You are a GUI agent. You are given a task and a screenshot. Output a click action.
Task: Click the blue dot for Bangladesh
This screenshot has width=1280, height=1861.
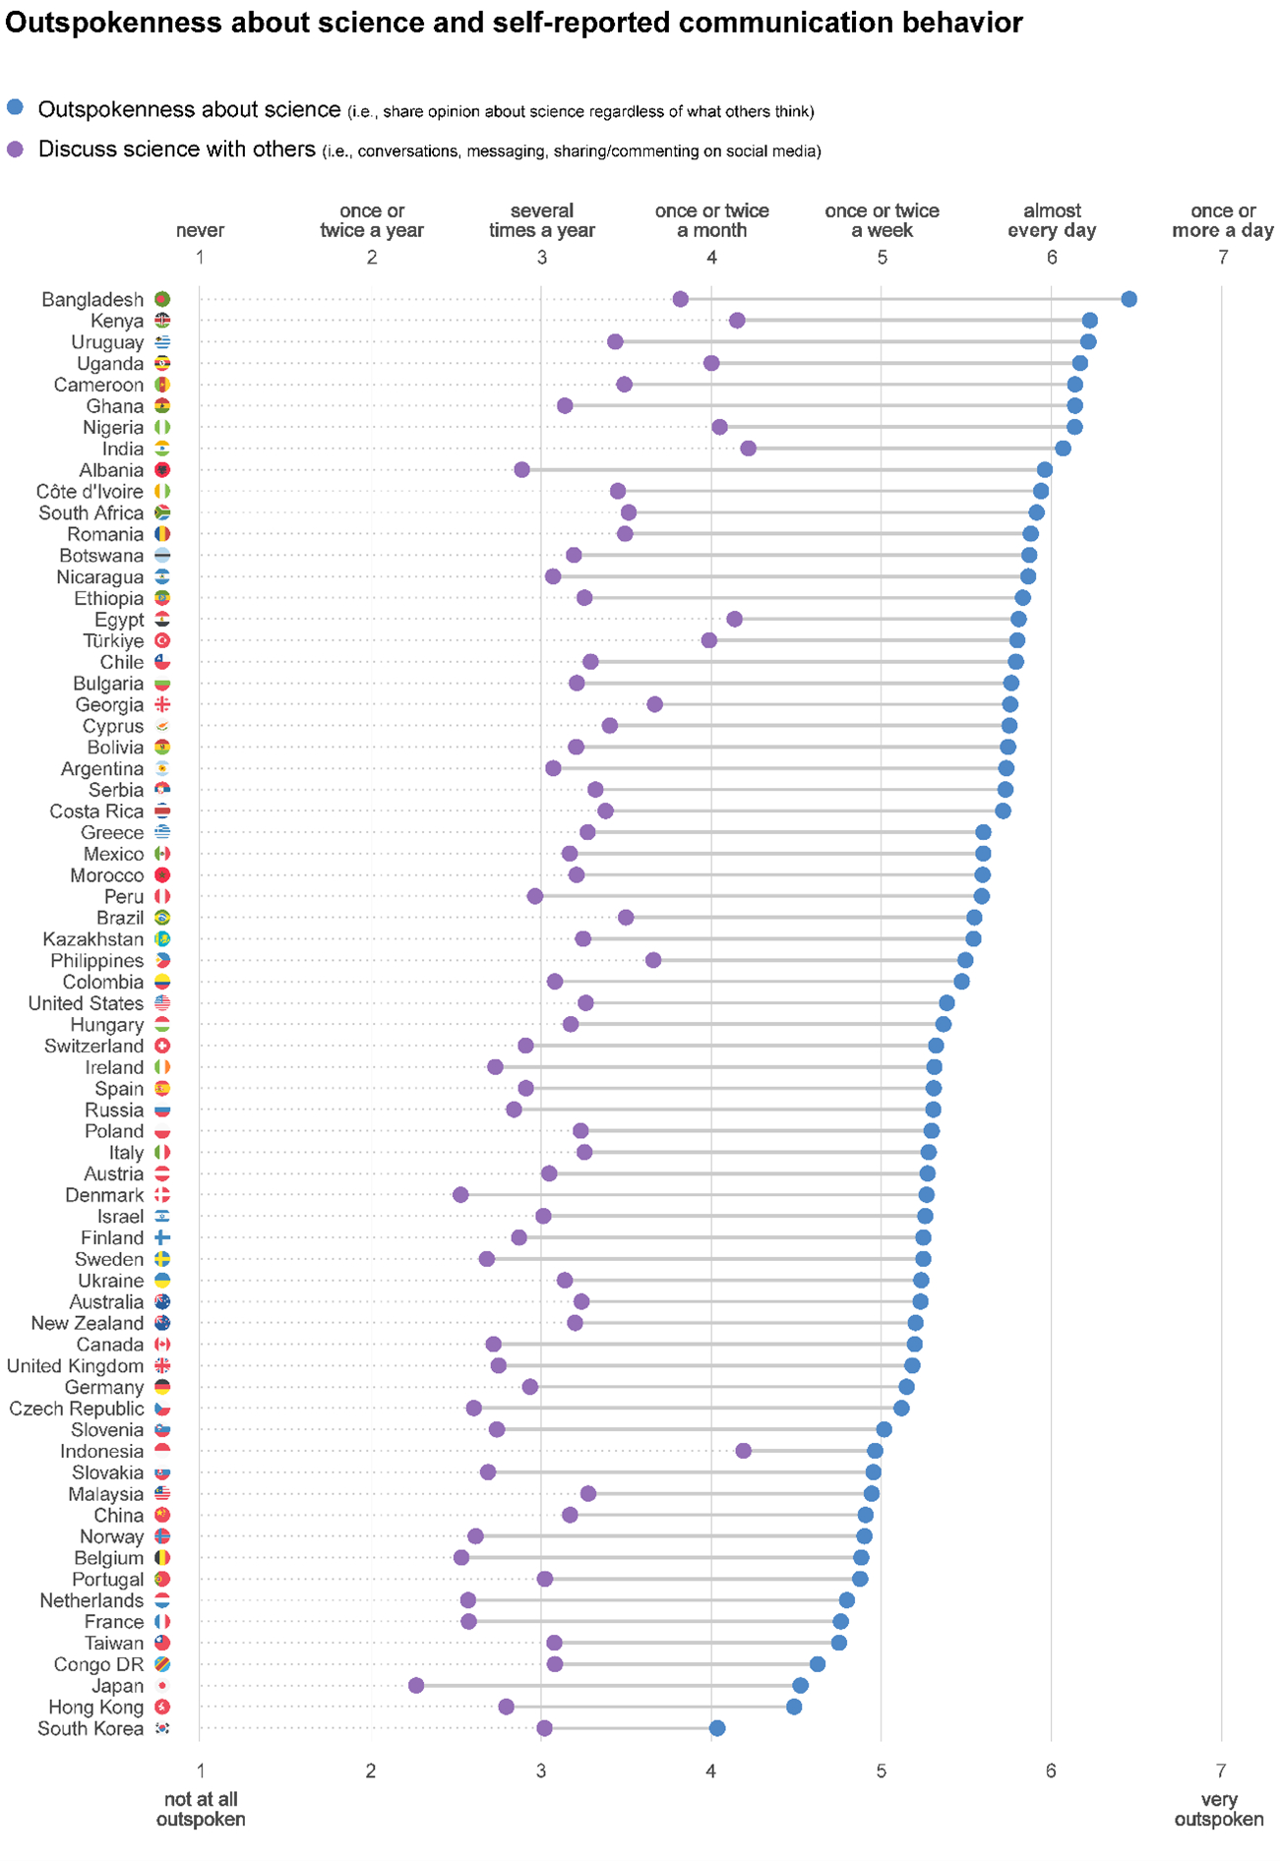[x=1128, y=299]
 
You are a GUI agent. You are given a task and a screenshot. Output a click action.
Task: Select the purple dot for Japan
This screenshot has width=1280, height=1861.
[x=416, y=1685]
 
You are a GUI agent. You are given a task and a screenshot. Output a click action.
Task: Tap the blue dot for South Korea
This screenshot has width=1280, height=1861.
[x=717, y=1728]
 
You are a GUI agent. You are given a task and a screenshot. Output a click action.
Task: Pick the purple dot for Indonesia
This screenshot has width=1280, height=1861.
[x=743, y=1451]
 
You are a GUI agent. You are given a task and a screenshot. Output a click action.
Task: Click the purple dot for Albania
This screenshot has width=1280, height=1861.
[x=521, y=470]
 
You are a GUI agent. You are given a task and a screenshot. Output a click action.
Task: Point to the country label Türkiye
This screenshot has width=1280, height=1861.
[x=113, y=640]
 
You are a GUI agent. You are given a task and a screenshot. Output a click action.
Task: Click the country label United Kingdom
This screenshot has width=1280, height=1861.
[x=75, y=1365]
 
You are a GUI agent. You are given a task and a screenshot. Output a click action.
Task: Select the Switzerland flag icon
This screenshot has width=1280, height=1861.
[x=162, y=1046]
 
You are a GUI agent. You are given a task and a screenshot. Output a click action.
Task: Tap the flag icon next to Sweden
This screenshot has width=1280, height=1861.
[x=162, y=1259]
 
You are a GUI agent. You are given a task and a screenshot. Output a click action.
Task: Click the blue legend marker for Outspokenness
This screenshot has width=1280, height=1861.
[x=15, y=108]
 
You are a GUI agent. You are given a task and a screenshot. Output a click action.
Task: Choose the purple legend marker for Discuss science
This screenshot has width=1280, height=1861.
[x=15, y=150]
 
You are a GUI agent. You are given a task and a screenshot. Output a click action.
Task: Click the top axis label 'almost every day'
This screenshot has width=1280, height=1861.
[x=1052, y=220]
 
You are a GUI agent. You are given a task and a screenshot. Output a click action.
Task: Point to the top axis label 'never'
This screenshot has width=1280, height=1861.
[x=200, y=230]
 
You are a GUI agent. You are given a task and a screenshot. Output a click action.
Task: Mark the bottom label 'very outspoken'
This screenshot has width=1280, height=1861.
[x=1219, y=1809]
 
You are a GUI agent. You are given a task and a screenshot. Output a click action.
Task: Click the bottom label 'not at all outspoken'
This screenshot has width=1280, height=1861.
[x=201, y=1809]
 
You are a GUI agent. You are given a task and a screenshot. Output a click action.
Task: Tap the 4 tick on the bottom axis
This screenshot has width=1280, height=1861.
[x=711, y=1771]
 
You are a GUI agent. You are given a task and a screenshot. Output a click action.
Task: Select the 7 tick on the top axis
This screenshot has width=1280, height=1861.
[x=1223, y=258]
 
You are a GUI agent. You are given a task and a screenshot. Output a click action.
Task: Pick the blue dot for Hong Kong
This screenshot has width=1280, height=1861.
[x=794, y=1707]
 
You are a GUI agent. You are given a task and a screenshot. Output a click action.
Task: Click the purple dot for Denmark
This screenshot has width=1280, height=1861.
[x=460, y=1195]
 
